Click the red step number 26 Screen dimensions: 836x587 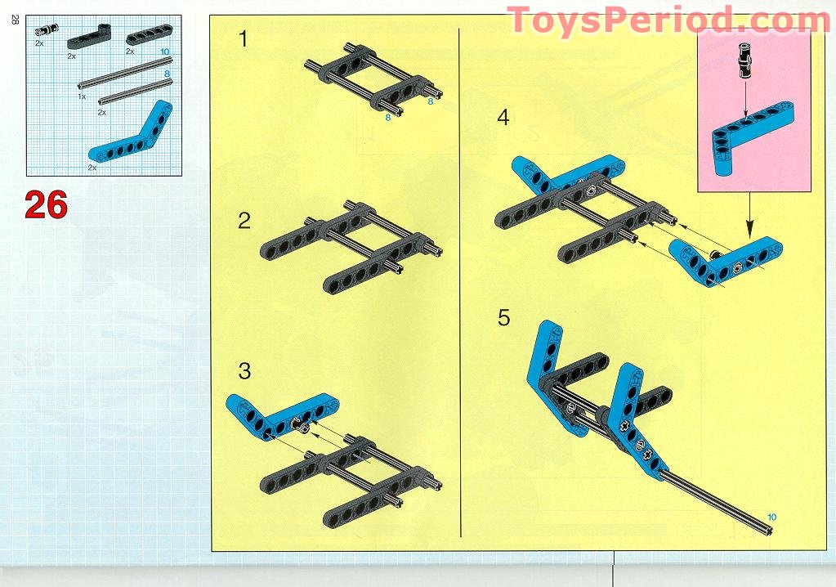pos(47,204)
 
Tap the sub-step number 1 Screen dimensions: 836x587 pos(244,39)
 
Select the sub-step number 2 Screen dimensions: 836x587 pos(244,221)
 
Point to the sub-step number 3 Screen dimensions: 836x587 pos(244,371)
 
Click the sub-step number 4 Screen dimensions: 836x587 pos(503,117)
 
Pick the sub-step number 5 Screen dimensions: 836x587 pos(504,318)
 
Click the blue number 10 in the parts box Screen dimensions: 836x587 pos(165,52)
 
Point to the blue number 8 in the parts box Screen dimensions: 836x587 pos(167,74)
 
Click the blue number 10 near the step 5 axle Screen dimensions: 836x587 pos(771,518)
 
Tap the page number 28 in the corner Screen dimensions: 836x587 pos(15,20)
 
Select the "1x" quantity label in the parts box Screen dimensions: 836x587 pos(82,96)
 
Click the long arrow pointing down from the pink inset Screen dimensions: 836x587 pos(750,215)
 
